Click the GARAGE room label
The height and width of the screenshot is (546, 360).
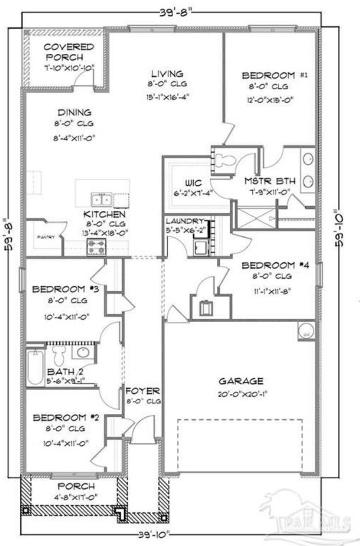[241, 381]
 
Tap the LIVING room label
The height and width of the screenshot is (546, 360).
[167, 74]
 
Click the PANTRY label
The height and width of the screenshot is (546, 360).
[46, 237]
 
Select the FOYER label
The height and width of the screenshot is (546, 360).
[143, 390]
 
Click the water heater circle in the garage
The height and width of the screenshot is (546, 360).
[305, 330]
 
